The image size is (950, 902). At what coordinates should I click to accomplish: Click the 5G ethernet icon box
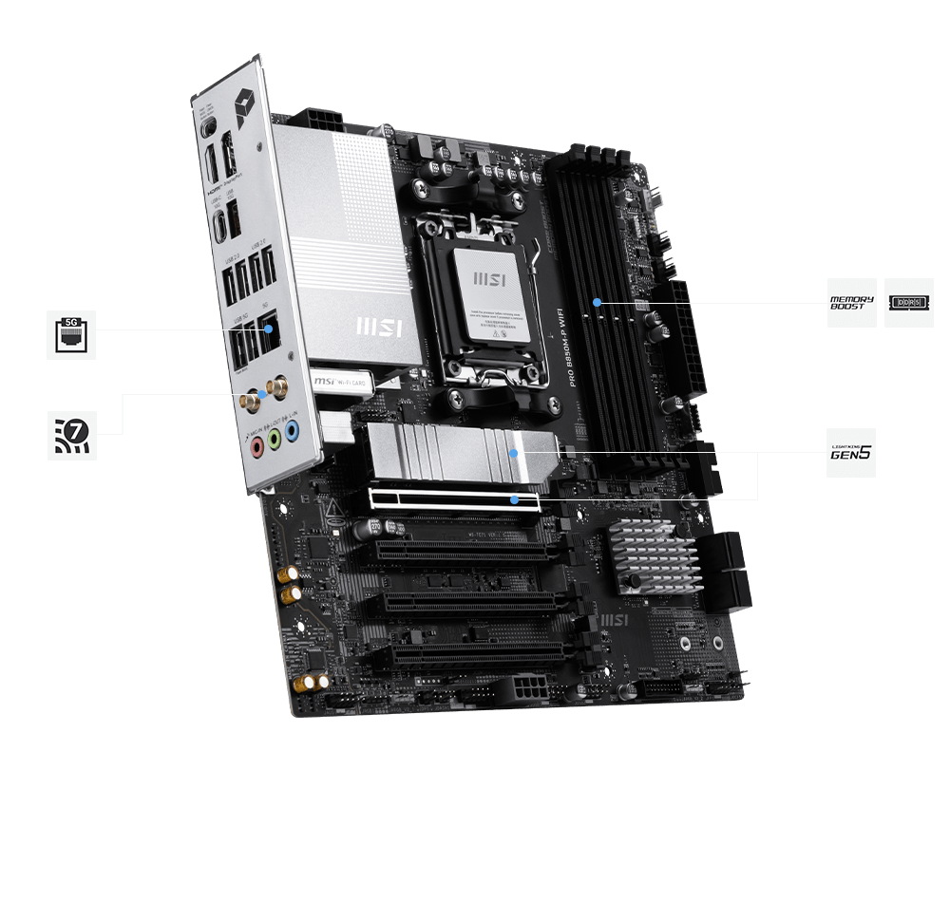click(x=71, y=334)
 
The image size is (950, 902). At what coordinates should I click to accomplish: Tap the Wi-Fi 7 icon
click(x=71, y=435)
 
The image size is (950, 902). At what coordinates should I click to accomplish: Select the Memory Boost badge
click(x=851, y=303)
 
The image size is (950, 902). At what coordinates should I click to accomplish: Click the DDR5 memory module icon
click(x=908, y=303)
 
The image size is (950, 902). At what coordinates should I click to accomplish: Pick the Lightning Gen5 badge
click(x=851, y=452)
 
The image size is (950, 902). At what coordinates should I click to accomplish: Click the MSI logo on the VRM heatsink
click(x=378, y=327)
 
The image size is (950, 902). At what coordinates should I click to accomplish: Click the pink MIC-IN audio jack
click(x=256, y=445)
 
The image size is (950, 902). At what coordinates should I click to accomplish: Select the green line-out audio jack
click(x=274, y=440)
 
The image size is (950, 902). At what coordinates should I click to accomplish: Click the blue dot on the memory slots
click(x=598, y=302)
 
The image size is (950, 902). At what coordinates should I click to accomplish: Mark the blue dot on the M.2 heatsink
click(x=514, y=454)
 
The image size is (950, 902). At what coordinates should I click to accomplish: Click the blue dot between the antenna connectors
click(x=262, y=392)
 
